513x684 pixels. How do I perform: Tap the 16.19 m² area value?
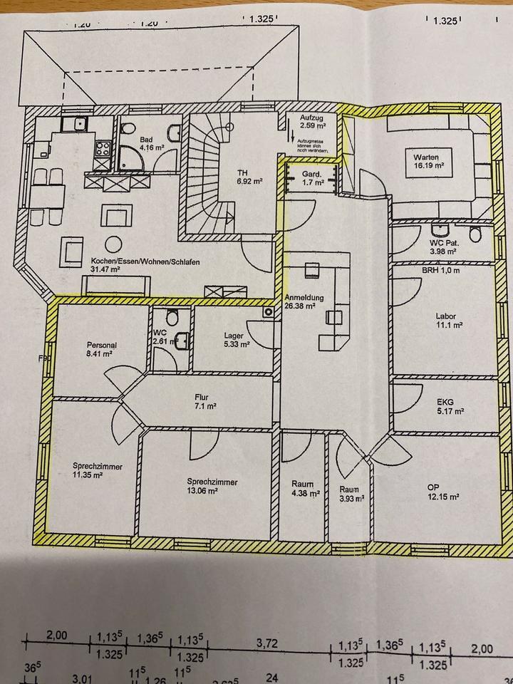(430, 165)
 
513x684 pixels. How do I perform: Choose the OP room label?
(432, 487)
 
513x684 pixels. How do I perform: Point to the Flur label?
(200, 398)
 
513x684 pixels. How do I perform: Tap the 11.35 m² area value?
(88, 476)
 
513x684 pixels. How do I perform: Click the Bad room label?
(147, 140)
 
